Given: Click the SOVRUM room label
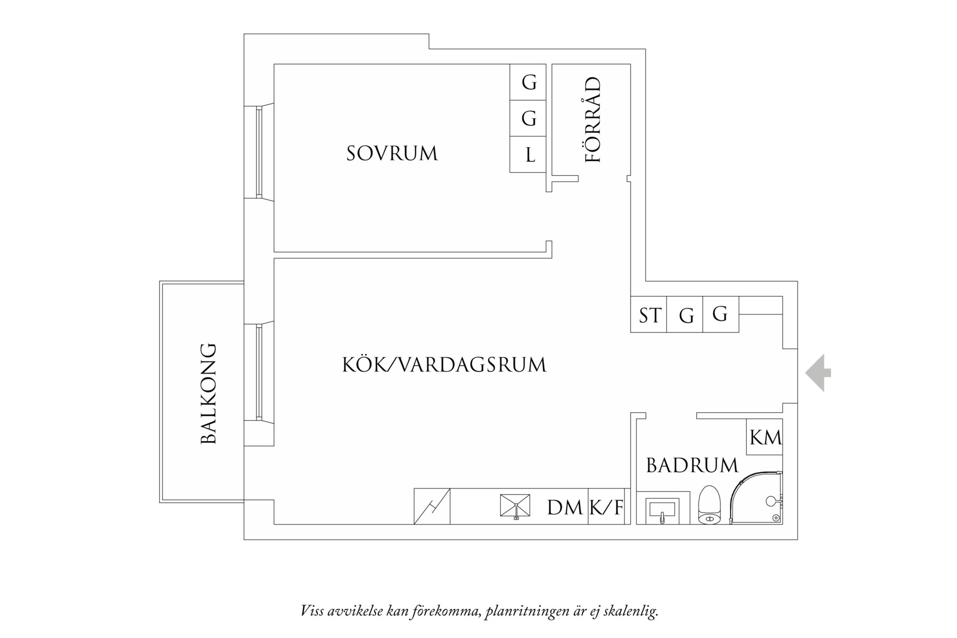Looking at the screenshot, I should tap(392, 154).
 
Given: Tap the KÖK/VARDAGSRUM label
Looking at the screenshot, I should tap(444, 365).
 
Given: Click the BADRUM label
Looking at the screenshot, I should tap(692, 465).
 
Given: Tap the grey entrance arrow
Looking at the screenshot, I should tap(818, 372).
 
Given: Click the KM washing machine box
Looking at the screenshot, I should tap(765, 437).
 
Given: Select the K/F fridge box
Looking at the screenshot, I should tap(608, 506).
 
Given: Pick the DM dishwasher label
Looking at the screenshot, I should tap(565, 507).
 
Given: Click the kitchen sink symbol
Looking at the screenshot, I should tap(515, 506).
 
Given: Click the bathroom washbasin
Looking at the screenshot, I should tap(662, 508).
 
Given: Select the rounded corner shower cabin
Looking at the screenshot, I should tap(757, 498).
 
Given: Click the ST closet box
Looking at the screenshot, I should tap(648, 315).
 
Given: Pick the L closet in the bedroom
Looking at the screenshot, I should tap(529, 155).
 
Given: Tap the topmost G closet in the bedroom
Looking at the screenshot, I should tap(529, 82).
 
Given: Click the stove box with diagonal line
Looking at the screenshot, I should tap(432, 506).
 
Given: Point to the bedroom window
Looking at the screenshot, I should tap(259, 152).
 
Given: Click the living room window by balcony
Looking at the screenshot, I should tap(259, 372).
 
